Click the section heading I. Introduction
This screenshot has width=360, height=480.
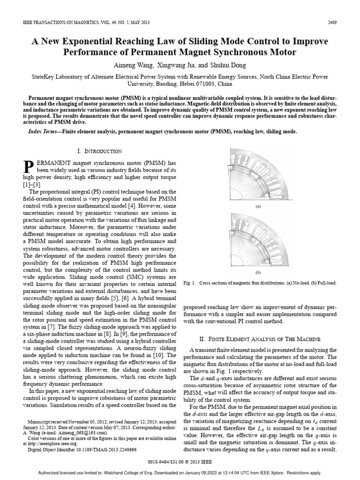coord(100,151)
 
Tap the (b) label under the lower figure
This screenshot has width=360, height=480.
coord(257,272)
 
